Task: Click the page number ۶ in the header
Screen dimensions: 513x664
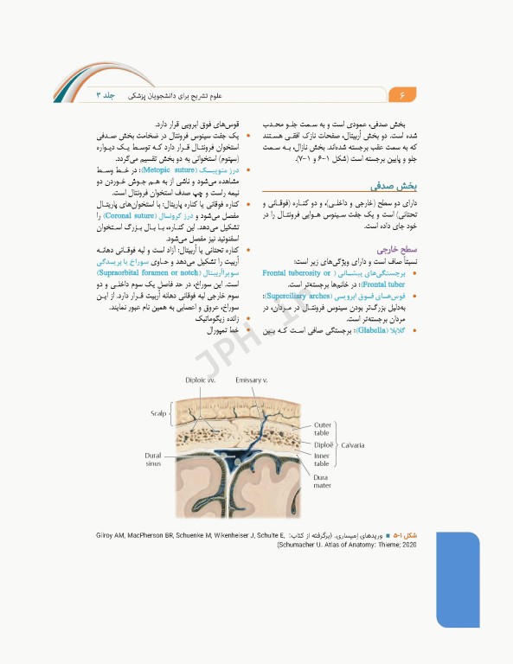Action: (403, 93)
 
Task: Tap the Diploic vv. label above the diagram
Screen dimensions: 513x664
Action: (201, 380)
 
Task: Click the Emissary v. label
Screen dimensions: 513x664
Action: (253, 380)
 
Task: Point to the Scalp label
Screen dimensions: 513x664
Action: (157, 413)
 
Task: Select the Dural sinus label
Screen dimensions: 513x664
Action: (153, 459)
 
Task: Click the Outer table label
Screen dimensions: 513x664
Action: (322, 429)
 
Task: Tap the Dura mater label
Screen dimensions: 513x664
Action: (322, 481)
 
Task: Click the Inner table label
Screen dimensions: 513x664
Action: (321, 460)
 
